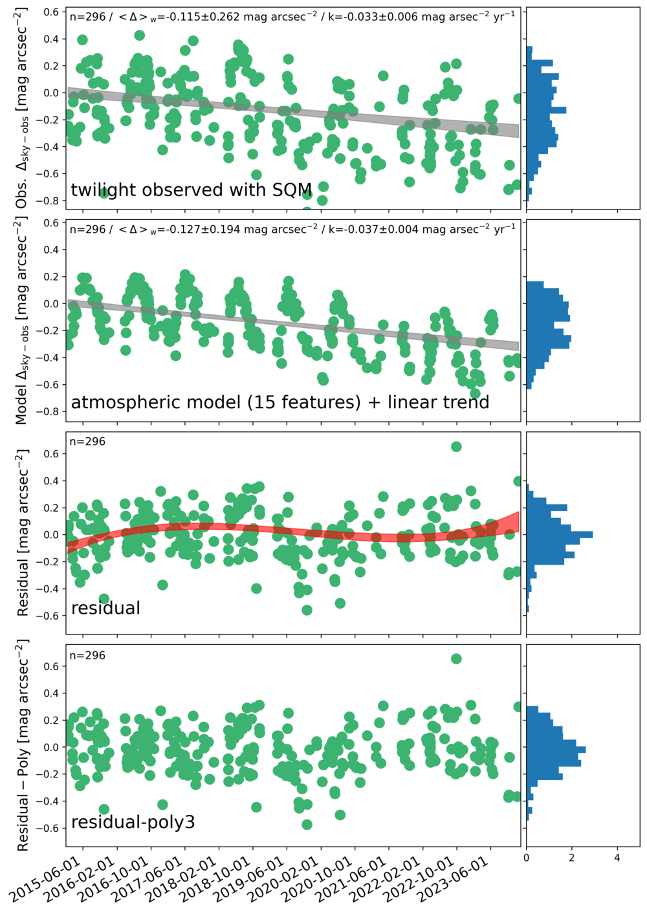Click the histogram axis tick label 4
[x=617, y=857]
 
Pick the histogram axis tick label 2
[x=572, y=857]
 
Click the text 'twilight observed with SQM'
[x=192, y=190]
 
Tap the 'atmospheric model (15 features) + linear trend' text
[x=280, y=402]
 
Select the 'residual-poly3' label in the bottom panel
[x=133, y=822]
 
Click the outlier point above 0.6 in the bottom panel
[x=456, y=658]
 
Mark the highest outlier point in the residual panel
[x=456, y=446]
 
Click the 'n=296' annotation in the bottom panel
[x=87, y=655]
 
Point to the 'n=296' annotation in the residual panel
[x=87, y=442]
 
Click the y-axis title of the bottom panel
[x=23, y=745]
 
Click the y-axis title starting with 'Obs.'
[x=23, y=108]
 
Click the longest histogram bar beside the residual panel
[x=560, y=535]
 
